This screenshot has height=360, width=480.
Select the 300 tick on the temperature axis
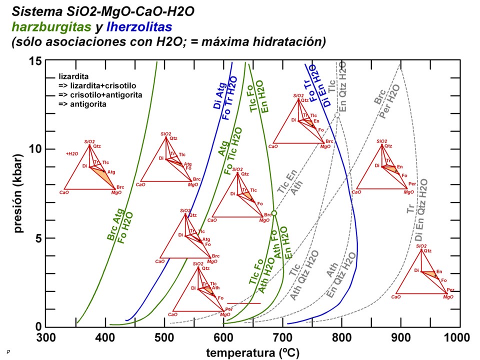(46, 337)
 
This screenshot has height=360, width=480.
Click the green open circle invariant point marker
(274, 213)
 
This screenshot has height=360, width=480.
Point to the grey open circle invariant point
(337, 115)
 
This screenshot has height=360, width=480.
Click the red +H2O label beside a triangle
(72, 153)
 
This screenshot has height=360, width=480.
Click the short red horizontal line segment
(244, 303)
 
